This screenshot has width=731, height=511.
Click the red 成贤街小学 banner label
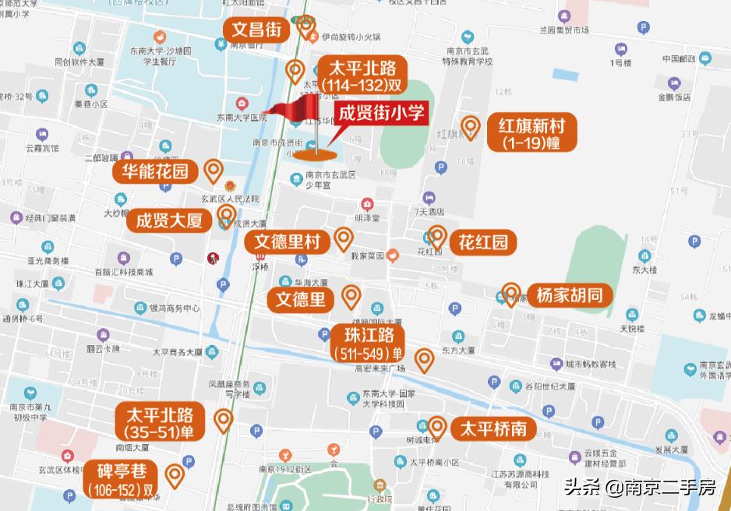pos(383,114)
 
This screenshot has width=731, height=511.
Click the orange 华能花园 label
pos(155,171)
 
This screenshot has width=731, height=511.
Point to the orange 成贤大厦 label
pos(169,220)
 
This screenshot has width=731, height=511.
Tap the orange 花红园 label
pos(483,241)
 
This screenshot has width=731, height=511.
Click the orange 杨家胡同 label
pos(569,295)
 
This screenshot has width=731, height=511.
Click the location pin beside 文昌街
pos(305,28)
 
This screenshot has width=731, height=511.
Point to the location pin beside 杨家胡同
pos(511,294)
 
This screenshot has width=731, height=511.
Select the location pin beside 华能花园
pos(213,171)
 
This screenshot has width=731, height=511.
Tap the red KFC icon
pos(210,258)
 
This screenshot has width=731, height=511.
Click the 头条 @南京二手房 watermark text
pos(639,488)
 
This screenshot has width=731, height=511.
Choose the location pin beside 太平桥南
pos(437,428)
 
